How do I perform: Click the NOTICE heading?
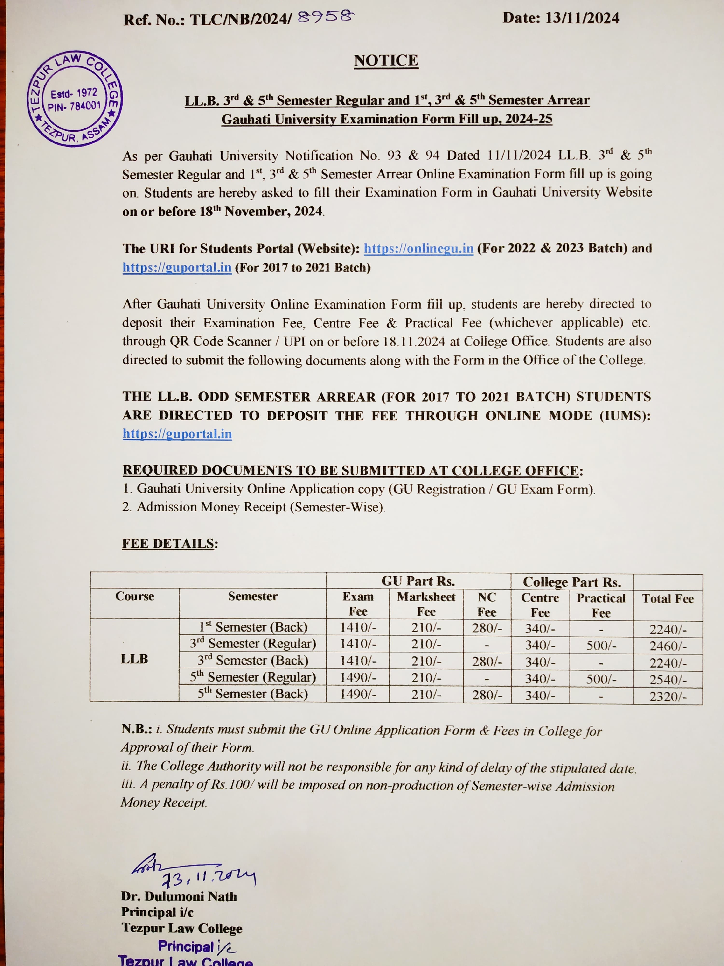click(386, 60)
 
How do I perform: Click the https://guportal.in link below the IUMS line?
click(177, 434)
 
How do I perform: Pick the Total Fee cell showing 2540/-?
click(668, 680)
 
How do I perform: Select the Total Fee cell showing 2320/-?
click(668, 696)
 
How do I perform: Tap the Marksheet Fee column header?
click(426, 604)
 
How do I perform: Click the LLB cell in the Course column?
click(134, 659)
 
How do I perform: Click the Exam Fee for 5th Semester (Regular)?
click(358, 678)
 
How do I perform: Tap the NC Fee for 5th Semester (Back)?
click(487, 695)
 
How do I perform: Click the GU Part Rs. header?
click(418, 581)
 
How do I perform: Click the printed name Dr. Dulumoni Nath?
click(179, 896)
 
